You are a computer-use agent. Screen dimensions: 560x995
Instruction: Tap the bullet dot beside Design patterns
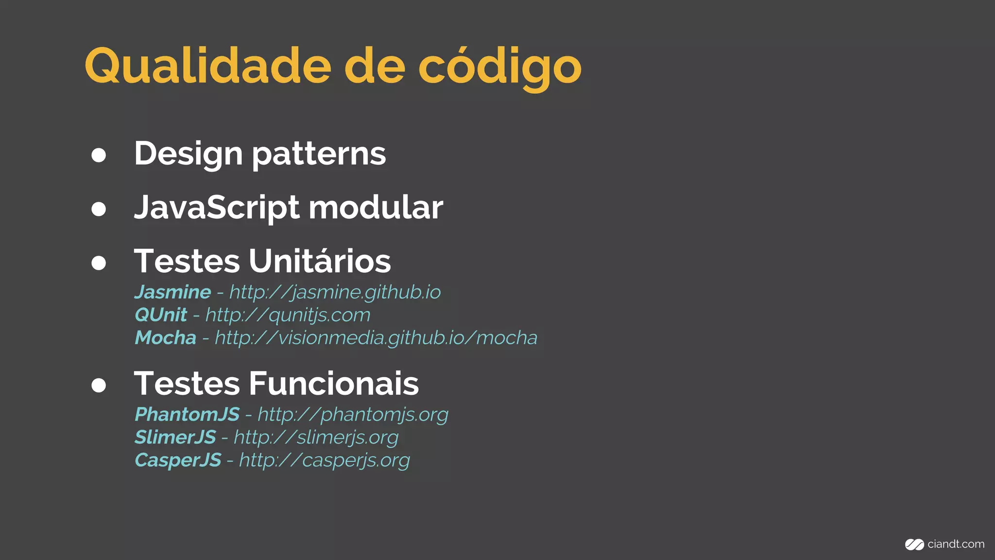tap(99, 155)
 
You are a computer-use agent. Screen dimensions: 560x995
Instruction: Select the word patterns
tap(319, 155)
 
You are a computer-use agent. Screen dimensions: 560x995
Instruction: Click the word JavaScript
tap(217, 208)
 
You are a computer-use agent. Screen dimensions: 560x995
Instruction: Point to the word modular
tap(376, 208)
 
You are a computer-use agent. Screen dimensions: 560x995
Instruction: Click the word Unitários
tap(320, 262)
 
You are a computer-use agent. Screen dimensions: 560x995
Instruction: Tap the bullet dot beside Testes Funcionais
tap(99, 385)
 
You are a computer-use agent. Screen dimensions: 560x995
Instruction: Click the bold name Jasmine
tap(173, 292)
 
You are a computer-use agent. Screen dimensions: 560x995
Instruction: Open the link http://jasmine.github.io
tap(335, 293)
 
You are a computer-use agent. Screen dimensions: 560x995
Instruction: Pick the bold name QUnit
tap(161, 315)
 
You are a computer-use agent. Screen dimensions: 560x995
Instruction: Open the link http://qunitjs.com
tap(288, 315)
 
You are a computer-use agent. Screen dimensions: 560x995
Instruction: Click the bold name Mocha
tap(166, 338)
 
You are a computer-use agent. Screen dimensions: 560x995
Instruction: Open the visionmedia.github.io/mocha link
tap(376, 338)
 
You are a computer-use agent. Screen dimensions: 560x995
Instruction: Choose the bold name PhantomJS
tap(187, 415)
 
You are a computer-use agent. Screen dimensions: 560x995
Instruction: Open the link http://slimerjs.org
tap(316, 437)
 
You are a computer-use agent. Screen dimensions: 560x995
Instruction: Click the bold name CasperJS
tap(178, 460)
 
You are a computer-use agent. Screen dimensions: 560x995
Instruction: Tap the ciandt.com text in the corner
tap(955, 544)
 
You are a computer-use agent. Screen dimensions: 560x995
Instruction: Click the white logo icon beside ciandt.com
tap(914, 545)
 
